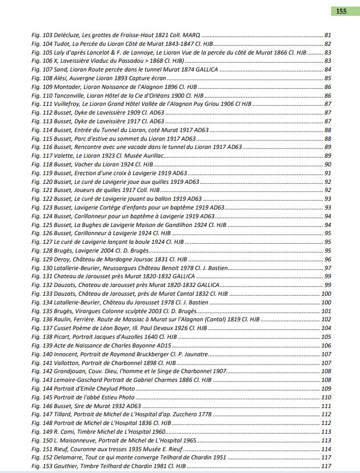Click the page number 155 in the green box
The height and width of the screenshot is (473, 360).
341,11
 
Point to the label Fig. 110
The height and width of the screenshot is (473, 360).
40,95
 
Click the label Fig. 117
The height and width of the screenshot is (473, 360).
40,156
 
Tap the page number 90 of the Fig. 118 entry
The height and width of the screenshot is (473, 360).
328,165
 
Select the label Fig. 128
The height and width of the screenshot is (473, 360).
40,251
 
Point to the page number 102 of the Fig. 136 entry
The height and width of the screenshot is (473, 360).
326,320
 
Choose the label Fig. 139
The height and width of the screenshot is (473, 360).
40,346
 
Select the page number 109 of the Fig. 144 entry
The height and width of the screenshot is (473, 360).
326,389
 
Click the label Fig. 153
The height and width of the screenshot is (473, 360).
40,466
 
